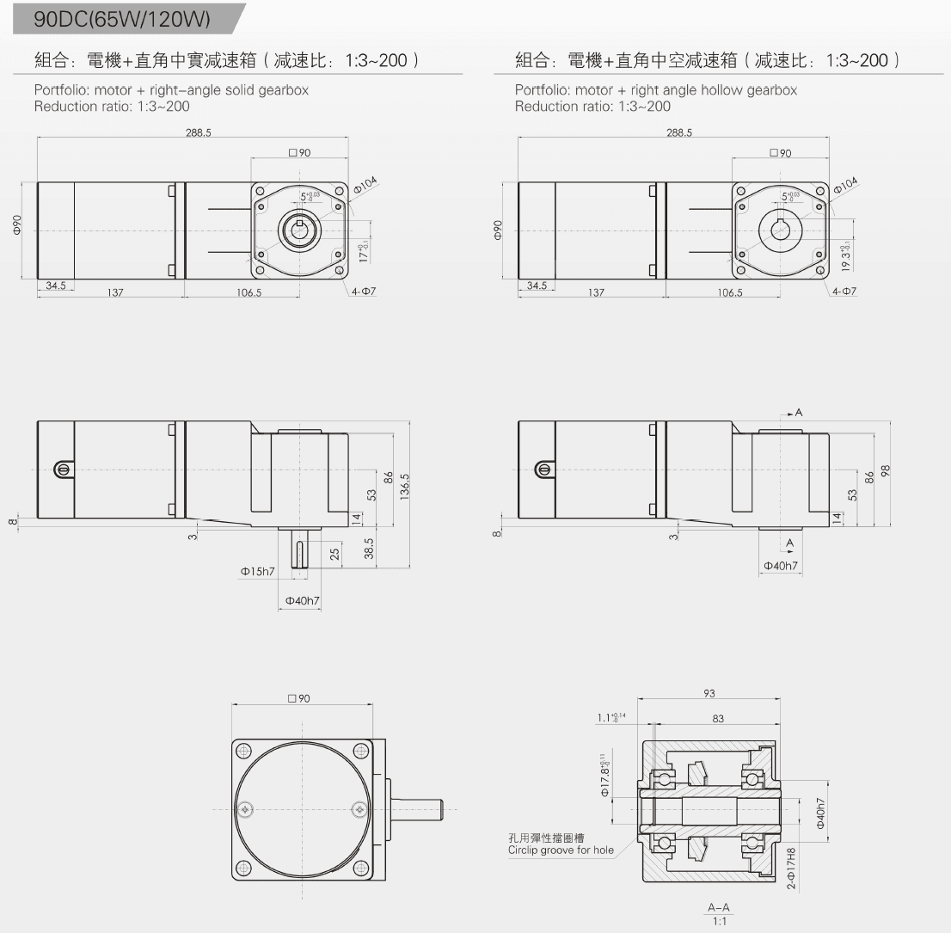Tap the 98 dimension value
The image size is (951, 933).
[x=885, y=470]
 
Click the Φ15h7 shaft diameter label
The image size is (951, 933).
[x=258, y=571]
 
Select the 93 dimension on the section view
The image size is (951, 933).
[x=709, y=694]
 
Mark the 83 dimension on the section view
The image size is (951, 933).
[x=719, y=718]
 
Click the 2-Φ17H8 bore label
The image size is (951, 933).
[x=792, y=868]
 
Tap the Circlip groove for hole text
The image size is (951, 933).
[x=561, y=850]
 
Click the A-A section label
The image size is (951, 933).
[x=718, y=907]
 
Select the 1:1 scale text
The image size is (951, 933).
[x=718, y=921]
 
